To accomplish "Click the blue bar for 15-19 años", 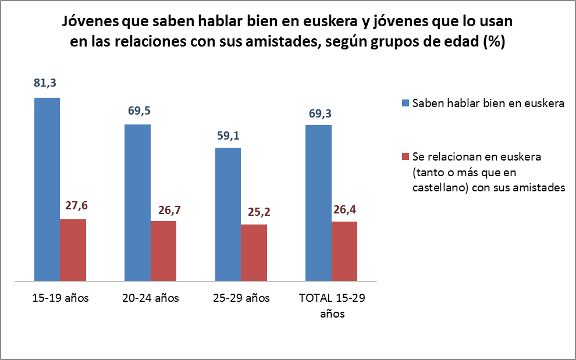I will coord(47,190).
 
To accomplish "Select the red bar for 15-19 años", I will coord(73,251).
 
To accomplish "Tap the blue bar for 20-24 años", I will coord(138,203).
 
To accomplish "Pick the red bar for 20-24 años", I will coord(163,252).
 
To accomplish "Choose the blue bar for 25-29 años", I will coord(228,215).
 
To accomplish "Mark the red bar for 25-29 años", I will coord(254,254).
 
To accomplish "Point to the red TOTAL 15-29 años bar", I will coord(344,252).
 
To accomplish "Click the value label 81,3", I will coord(45,84).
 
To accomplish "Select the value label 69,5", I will coord(138,111).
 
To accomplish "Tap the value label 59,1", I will coord(228,136).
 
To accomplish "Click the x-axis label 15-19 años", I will coord(61,299).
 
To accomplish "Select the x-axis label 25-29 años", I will coord(241,299).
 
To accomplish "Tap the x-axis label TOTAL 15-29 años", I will coord(332,306).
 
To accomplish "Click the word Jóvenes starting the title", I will coord(90,23).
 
